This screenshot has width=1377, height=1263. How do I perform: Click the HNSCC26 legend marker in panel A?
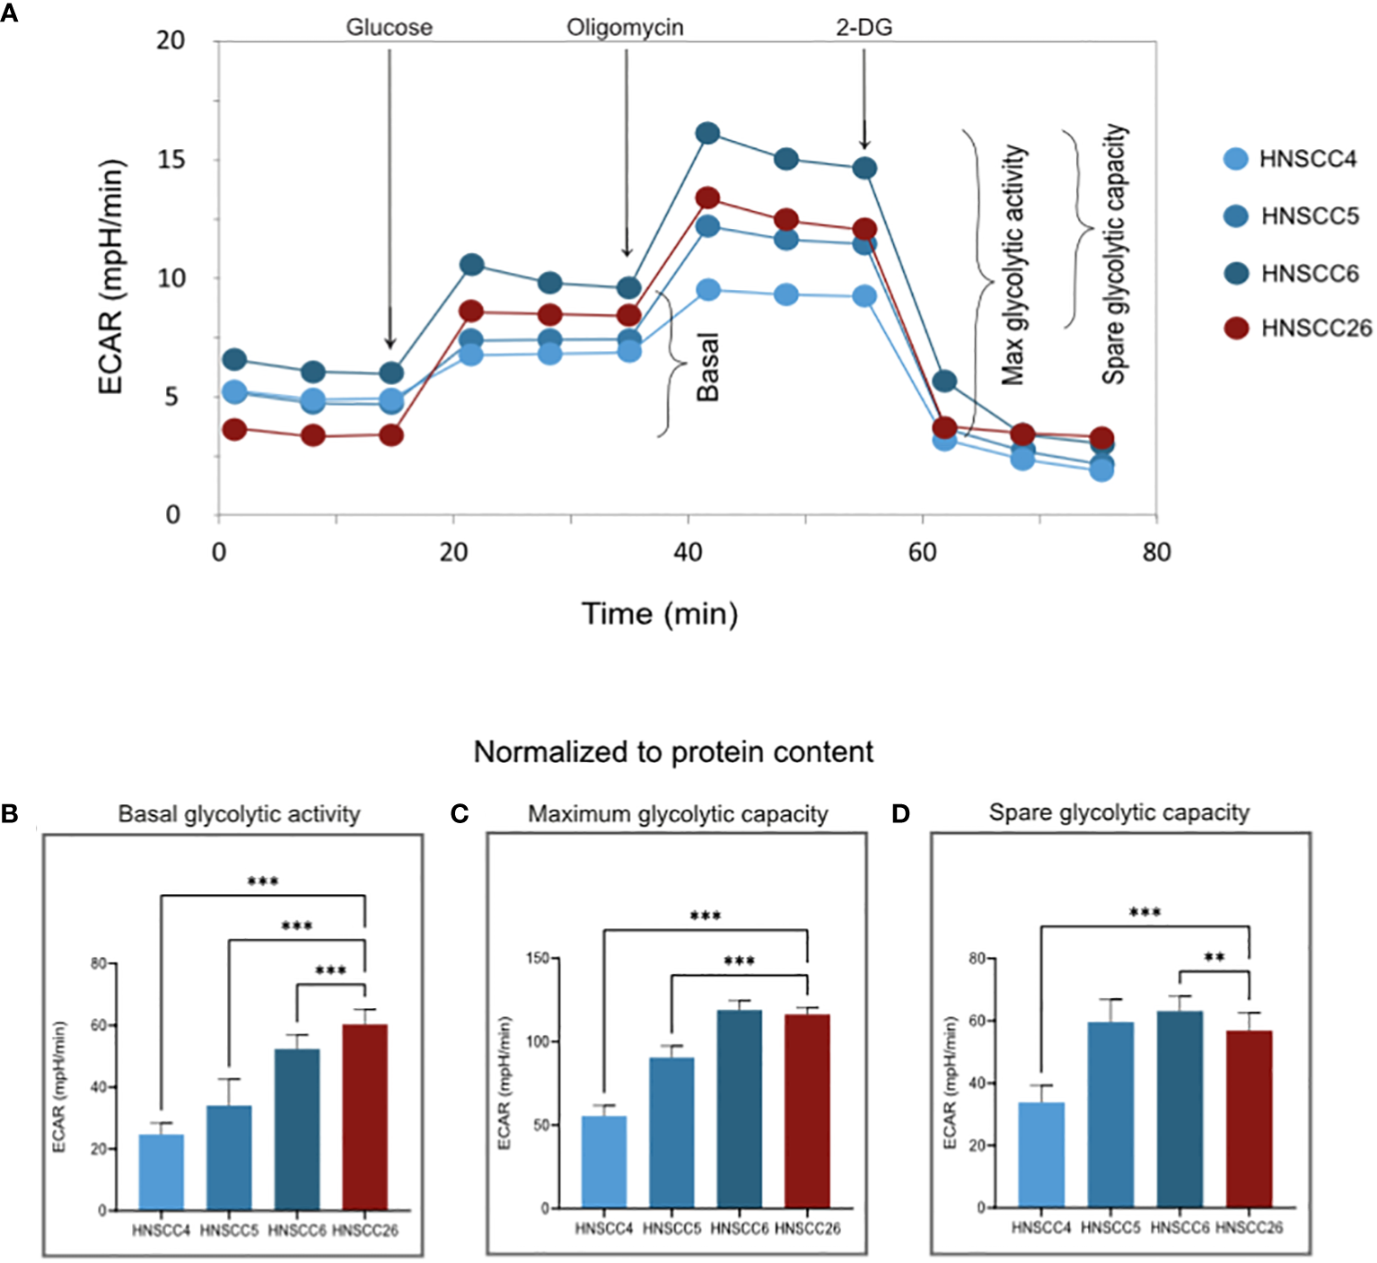click(x=1236, y=329)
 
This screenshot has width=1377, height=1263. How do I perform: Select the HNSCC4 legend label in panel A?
click(x=1308, y=160)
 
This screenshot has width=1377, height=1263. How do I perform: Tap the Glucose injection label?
click(x=389, y=28)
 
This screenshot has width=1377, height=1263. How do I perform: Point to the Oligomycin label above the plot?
click(x=625, y=28)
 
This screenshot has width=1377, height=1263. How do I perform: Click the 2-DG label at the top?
click(x=864, y=28)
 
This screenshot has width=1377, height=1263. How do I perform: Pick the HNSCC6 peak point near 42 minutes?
click(x=707, y=134)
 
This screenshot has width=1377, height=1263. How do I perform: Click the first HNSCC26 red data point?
click(x=234, y=429)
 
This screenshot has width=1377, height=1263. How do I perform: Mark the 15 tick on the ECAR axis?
click(x=171, y=160)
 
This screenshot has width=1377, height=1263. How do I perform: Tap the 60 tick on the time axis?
click(x=922, y=552)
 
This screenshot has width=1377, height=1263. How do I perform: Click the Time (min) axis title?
click(x=660, y=614)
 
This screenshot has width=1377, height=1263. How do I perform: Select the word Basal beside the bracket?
click(x=708, y=367)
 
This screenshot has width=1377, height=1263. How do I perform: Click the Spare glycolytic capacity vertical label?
click(x=1114, y=255)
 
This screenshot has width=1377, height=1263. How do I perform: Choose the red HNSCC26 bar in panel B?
click(x=365, y=1117)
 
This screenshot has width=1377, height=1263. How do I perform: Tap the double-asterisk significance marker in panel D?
click(x=1214, y=958)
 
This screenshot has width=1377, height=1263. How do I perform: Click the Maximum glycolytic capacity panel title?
click(x=678, y=814)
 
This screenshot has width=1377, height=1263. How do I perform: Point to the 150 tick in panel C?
click(x=538, y=959)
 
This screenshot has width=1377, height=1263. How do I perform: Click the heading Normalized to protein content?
click(x=673, y=752)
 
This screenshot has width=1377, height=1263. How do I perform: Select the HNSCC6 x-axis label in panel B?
click(x=297, y=1231)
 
